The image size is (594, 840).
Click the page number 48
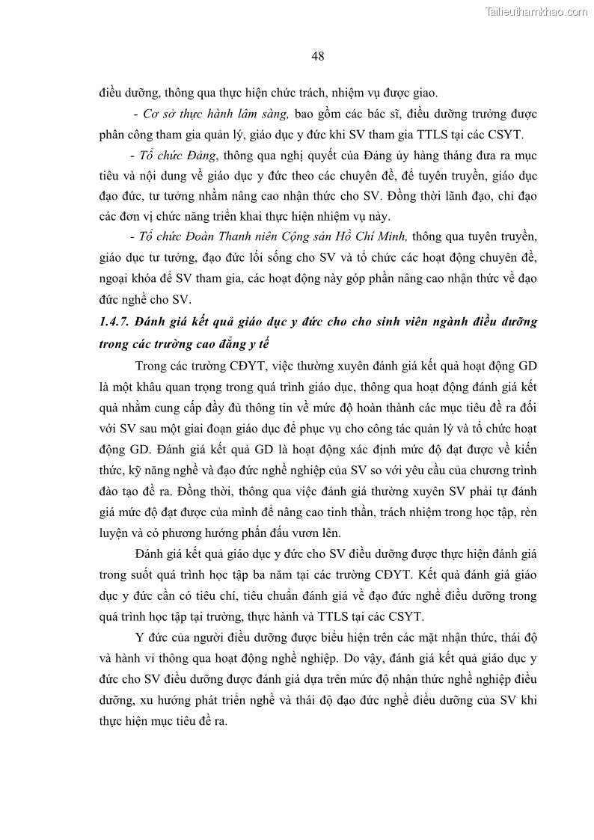317,55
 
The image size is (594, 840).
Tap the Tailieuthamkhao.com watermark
536,11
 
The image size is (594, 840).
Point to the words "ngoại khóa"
126,278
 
